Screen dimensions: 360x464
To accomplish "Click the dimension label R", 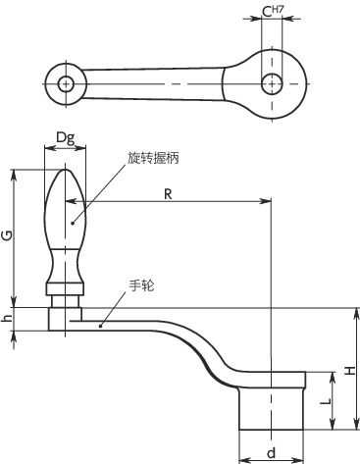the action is pos(168,194).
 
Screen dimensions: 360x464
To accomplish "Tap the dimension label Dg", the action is pos(66,138).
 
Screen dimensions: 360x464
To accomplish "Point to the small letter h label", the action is pos(7,318).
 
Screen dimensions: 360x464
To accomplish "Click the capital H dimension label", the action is pos(350,370).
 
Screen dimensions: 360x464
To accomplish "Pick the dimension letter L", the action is pos(326,400).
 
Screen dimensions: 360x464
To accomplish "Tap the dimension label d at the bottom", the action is pos(271,453).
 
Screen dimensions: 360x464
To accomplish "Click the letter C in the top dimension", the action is pos(267,12).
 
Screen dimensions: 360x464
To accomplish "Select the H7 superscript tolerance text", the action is pos(278,9).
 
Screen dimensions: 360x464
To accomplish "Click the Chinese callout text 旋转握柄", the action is pos(153,158).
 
